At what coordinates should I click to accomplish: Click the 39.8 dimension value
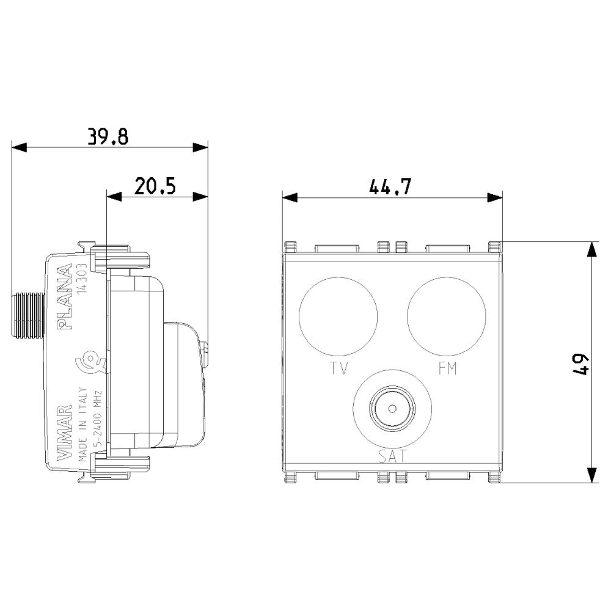[108, 136]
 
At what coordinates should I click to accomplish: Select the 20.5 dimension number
[155, 186]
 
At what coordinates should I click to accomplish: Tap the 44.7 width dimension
[390, 186]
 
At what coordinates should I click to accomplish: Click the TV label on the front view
[338, 368]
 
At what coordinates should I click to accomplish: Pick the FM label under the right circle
[447, 368]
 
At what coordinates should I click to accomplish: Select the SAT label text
[392, 456]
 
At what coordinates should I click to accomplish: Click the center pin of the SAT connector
[392, 408]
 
